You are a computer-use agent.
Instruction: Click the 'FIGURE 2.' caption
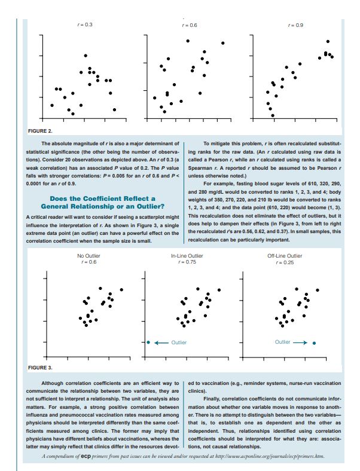(40, 130)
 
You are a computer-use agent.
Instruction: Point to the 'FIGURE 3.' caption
(40, 366)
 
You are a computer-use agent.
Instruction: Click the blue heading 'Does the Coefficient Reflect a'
(102, 198)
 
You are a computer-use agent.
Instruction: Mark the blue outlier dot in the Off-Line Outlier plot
(314, 343)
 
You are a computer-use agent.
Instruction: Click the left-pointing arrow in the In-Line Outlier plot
(160, 342)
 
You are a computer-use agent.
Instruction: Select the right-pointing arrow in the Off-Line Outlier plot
(300, 342)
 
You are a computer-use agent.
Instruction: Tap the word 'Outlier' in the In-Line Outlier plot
(179, 342)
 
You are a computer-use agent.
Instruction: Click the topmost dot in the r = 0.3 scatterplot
(86, 56)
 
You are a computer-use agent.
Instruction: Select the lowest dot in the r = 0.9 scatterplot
(273, 115)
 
